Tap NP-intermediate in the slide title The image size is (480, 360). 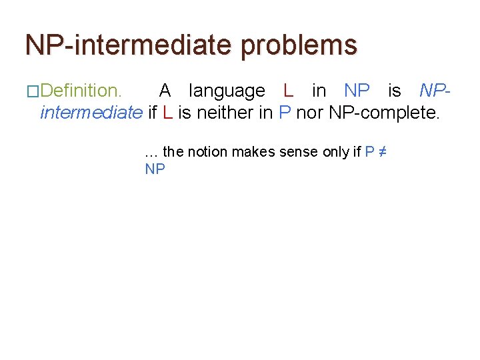(x=129, y=45)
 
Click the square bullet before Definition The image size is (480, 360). (x=33, y=91)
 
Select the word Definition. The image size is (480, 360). (x=81, y=91)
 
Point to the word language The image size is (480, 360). (x=227, y=91)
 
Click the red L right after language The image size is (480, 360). (x=288, y=91)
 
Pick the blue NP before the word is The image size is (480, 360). (x=357, y=91)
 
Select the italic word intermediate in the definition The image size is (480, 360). (x=91, y=113)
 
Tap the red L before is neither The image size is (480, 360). (x=167, y=113)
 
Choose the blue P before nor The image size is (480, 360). (x=285, y=113)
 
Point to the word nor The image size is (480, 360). (x=310, y=113)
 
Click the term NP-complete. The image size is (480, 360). (x=384, y=113)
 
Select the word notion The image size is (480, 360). (x=208, y=152)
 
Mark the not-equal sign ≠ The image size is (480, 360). (x=383, y=152)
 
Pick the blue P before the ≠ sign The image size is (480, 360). (x=369, y=152)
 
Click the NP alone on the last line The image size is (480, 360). (x=155, y=169)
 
